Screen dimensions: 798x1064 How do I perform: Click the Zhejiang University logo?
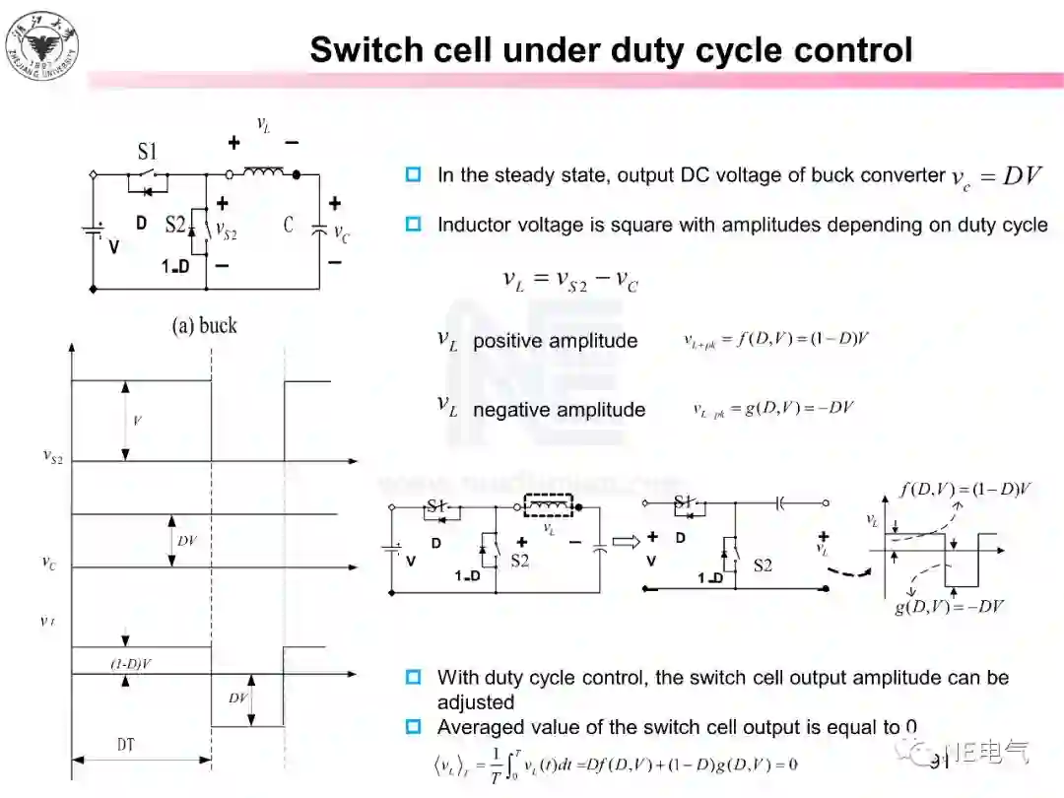coord(42,44)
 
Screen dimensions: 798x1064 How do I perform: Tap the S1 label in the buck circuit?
coord(147,152)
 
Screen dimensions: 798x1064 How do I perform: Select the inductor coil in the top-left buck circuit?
coord(263,174)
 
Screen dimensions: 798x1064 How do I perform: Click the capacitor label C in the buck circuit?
coord(289,225)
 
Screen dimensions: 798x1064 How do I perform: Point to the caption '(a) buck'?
coord(205,325)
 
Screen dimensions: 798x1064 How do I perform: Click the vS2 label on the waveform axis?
coord(53,456)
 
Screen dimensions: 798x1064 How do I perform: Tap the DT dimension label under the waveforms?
coord(126,746)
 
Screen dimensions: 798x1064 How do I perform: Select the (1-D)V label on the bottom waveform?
coord(131,664)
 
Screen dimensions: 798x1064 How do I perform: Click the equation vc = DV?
coord(996,177)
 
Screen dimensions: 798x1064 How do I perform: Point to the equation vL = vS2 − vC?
coord(570,281)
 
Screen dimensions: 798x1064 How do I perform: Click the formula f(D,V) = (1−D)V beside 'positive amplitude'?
coord(777,340)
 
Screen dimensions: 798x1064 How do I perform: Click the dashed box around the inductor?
coord(551,506)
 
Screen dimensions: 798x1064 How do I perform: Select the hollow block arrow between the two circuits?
coord(626,541)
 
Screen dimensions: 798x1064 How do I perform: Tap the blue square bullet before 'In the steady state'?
coord(414,174)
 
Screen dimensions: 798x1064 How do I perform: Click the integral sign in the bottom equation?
coord(513,765)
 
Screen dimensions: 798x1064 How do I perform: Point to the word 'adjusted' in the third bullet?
coord(476,702)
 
